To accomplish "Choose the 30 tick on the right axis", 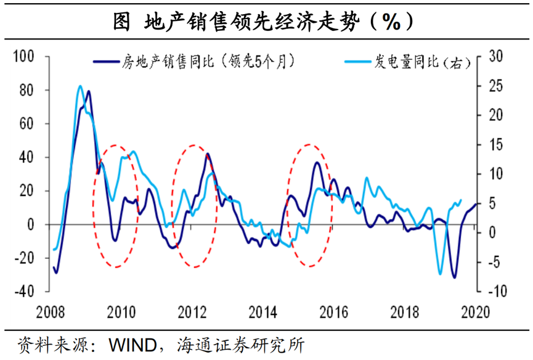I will (x=496, y=57).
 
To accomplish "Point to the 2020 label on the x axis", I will (x=475, y=311).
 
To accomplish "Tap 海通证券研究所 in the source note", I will (x=240, y=344).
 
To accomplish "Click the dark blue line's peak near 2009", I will (x=89, y=91).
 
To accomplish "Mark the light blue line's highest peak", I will (x=79, y=86).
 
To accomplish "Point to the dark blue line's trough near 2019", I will (x=454, y=277).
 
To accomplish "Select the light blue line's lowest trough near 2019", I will (x=440, y=274).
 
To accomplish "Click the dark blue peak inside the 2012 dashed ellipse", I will (x=207, y=153).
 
